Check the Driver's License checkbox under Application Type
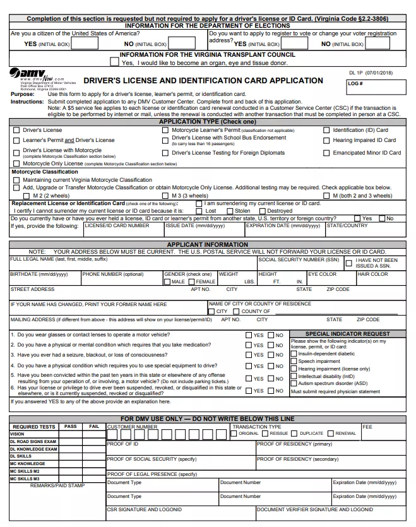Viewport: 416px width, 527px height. pos(16,130)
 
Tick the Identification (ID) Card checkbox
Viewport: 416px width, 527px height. pos(326,130)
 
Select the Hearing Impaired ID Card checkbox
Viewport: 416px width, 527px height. pos(326,140)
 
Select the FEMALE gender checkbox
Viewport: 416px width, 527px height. pos(192,281)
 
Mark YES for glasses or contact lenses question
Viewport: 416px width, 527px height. pos(248,336)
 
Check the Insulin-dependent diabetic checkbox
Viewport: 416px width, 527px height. pos(294,354)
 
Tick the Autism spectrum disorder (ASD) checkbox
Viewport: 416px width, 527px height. pos(294,384)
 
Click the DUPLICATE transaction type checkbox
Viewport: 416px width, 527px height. pos(295,434)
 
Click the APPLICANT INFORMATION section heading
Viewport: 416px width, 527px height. pos(208,244)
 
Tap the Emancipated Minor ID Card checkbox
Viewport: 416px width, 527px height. pos(326,153)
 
